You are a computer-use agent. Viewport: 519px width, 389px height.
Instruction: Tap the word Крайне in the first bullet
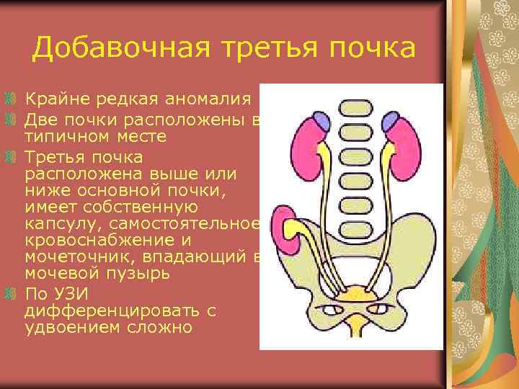click(x=55, y=98)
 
